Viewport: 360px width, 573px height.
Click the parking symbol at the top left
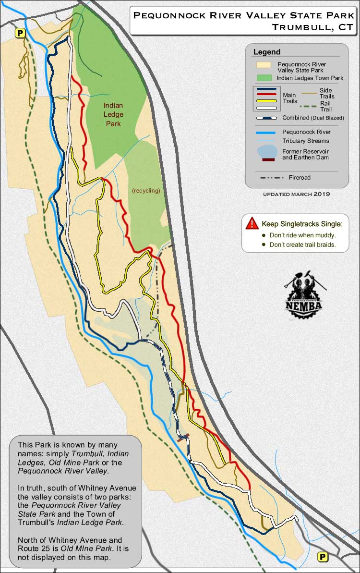click(20, 33)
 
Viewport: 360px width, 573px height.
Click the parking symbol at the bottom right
click(323, 557)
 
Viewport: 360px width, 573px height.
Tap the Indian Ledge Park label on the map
click(113, 114)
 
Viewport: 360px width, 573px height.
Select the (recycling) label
click(146, 191)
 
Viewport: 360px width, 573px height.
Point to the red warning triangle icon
click(252, 223)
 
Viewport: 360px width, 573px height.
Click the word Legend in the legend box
click(267, 52)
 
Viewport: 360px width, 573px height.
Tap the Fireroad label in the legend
click(300, 178)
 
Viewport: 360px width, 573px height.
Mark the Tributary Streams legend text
click(306, 141)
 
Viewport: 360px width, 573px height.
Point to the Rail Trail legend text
click(326, 106)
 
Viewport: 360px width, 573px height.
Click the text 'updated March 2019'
click(296, 194)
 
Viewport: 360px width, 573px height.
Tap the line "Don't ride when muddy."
click(302, 235)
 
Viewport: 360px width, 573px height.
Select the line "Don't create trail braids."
click(302, 244)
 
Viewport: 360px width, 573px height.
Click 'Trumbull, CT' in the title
click(312, 27)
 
